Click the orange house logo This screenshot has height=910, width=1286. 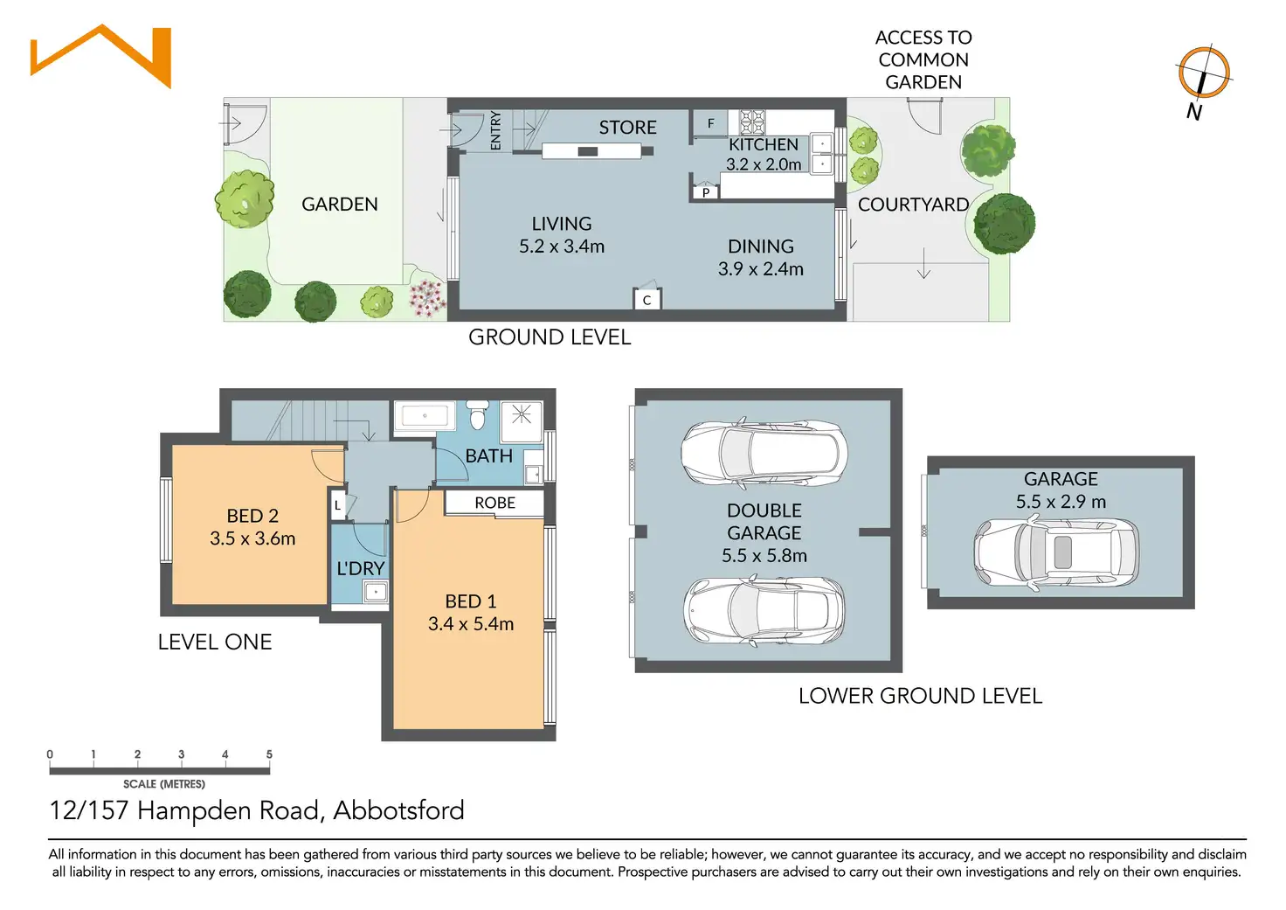tap(101, 56)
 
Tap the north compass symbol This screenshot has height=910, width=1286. tap(1203, 73)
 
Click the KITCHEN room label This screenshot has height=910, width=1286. tap(764, 144)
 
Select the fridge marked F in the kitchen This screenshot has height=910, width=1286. tap(711, 123)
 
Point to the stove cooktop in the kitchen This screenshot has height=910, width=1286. tap(751, 122)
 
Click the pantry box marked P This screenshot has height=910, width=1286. tap(706, 192)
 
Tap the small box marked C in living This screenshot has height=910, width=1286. tap(646, 299)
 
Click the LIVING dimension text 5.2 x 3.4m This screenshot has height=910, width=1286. tap(562, 247)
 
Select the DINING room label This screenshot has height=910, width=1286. tap(761, 247)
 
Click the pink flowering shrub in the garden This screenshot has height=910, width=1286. tap(427, 297)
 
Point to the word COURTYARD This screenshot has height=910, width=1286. tap(914, 205)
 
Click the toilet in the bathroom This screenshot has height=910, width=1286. tap(477, 414)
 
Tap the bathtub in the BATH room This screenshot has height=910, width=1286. tap(425, 415)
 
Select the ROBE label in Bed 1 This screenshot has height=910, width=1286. tap(494, 503)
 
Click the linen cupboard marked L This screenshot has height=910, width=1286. tap(337, 505)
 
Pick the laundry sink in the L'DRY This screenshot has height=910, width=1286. tap(376, 591)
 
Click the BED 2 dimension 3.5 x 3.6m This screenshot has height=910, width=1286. tap(252, 538)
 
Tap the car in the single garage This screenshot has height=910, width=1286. tap(1056, 552)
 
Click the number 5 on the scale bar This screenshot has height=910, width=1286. tap(269, 754)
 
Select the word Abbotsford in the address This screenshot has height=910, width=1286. tap(399, 810)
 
